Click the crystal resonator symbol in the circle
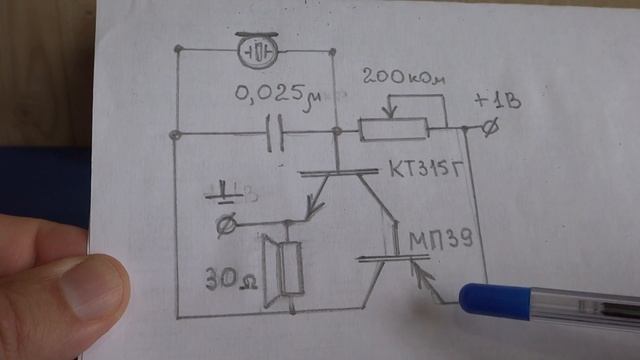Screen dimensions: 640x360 coord(257,50)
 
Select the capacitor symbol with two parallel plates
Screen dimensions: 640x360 coord(275,133)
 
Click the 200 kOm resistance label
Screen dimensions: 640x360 coord(403,76)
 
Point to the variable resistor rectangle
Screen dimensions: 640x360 coord(393,129)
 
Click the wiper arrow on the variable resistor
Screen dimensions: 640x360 coord(390,109)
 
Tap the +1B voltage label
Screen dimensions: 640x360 coord(498,102)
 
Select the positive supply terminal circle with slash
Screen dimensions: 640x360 coord(489,127)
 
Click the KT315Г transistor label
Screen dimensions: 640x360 coord(427,168)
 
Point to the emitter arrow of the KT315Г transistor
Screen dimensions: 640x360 coord(314,206)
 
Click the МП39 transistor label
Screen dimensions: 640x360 coord(441,239)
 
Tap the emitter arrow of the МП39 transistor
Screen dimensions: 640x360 coord(419,273)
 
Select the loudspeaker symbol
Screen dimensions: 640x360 coord(282,269)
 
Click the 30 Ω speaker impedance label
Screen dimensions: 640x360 coord(231,279)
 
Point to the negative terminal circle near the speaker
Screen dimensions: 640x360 coord(226,224)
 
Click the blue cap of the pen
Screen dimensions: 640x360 coord(495,302)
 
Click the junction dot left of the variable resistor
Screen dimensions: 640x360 coord(337,131)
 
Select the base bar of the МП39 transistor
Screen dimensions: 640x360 coord(393,258)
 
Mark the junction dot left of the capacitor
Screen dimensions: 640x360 coord(175,134)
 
